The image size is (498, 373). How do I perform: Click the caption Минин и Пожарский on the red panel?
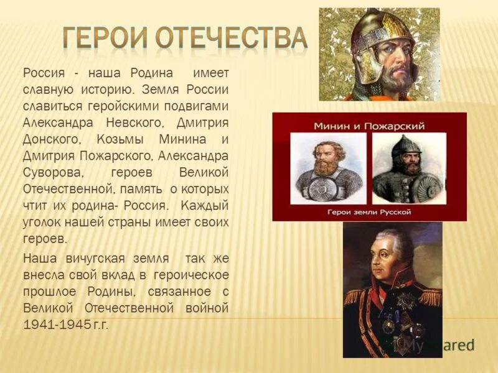pos(369,126)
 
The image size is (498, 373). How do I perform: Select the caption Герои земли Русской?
pos(370,212)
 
